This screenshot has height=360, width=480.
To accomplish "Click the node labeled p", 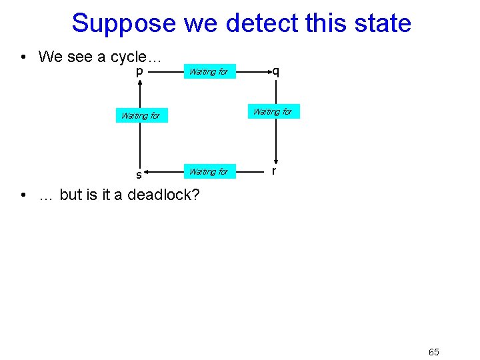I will click(x=139, y=71).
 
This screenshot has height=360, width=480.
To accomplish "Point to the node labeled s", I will click(x=139, y=175).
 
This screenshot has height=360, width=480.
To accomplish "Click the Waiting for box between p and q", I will click(x=209, y=71).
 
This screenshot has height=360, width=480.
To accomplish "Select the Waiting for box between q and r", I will click(x=273, y=111).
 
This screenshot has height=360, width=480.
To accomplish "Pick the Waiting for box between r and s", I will click(x=209, y=171).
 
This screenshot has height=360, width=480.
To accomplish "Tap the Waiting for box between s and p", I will click(x=141, y=115).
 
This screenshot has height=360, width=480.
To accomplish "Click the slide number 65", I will click(x=434, y=352).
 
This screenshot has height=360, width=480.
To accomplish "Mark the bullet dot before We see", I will click(x=23, y=57).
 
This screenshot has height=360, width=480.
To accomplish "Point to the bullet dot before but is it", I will click(x=23, y=195).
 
